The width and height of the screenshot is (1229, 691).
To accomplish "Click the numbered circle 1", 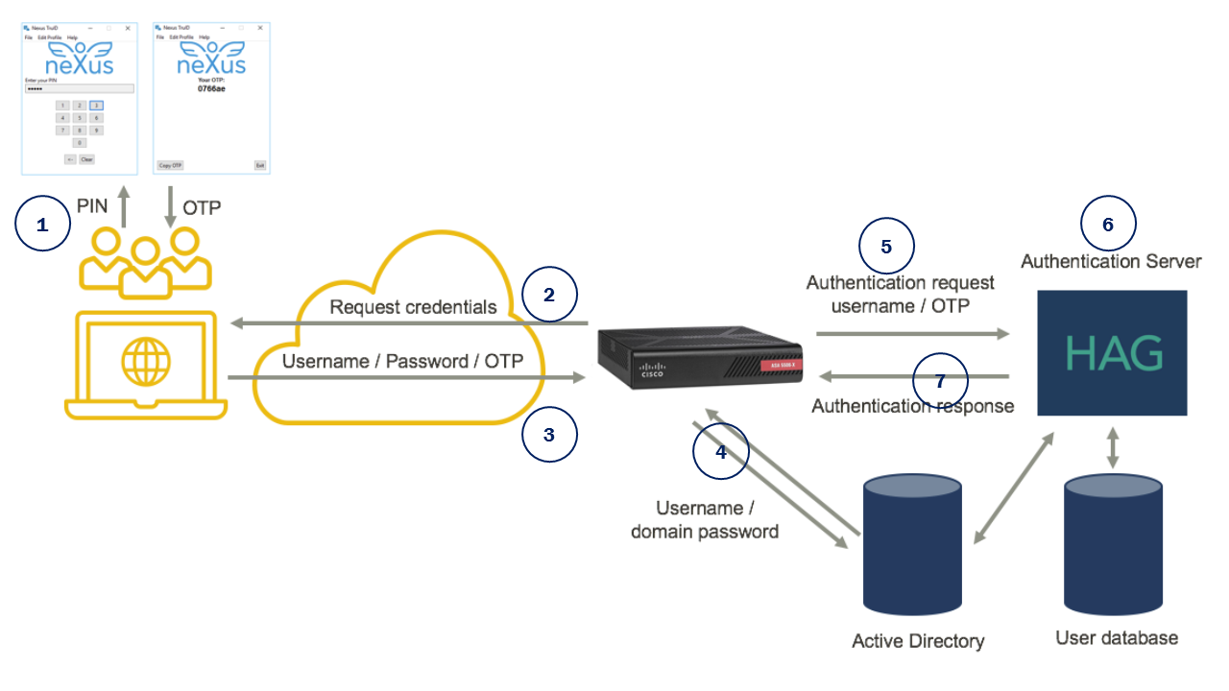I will tap(42, 225).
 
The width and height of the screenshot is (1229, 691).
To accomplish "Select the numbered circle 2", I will tap(549, 295).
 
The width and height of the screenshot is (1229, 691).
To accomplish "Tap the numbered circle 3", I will tap(549, 435).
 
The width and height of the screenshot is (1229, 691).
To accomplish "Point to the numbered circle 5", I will tap(885, 246).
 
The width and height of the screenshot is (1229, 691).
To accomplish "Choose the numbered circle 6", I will tap(1108, 225).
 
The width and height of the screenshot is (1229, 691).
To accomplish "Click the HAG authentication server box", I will tap(1113, 353).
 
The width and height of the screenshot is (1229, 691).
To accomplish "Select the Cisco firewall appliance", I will tap(699, 357).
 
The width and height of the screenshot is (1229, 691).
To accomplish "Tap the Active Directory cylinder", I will tap(912, 544).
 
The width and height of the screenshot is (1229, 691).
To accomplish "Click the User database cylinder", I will tap(1113, 544).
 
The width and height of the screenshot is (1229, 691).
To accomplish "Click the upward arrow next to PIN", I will tap(123, 206).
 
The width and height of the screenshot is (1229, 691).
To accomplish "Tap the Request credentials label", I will tap(413, 307).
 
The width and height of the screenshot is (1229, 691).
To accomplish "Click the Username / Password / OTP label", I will tap(402, 362).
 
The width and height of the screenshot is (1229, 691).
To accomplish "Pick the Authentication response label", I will tap(912, 406).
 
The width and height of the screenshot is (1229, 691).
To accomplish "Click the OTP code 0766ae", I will tap(211, 88).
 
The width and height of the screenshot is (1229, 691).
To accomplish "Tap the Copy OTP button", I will tap(170, 165).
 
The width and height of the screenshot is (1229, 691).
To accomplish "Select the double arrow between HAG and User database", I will tap(1113, 447).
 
